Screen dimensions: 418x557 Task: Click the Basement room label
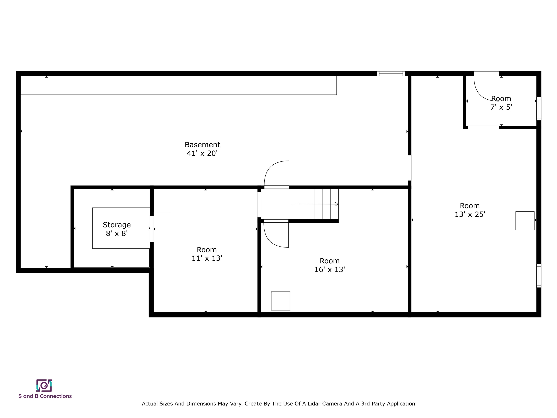coord(202,145)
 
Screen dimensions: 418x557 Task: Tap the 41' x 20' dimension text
coord(202,153)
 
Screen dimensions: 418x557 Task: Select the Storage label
coord(117,225)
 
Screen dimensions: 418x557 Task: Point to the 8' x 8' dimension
coord(117,233)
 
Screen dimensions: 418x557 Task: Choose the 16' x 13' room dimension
coord(330,270)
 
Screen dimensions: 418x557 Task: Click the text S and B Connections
coord(45,396)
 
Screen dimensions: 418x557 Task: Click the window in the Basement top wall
coord(391,74)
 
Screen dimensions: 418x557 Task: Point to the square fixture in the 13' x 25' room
coord(525,221)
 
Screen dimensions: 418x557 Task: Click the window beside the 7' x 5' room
coord(539,109)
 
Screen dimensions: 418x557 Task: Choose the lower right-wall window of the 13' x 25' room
coord(539,276)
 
